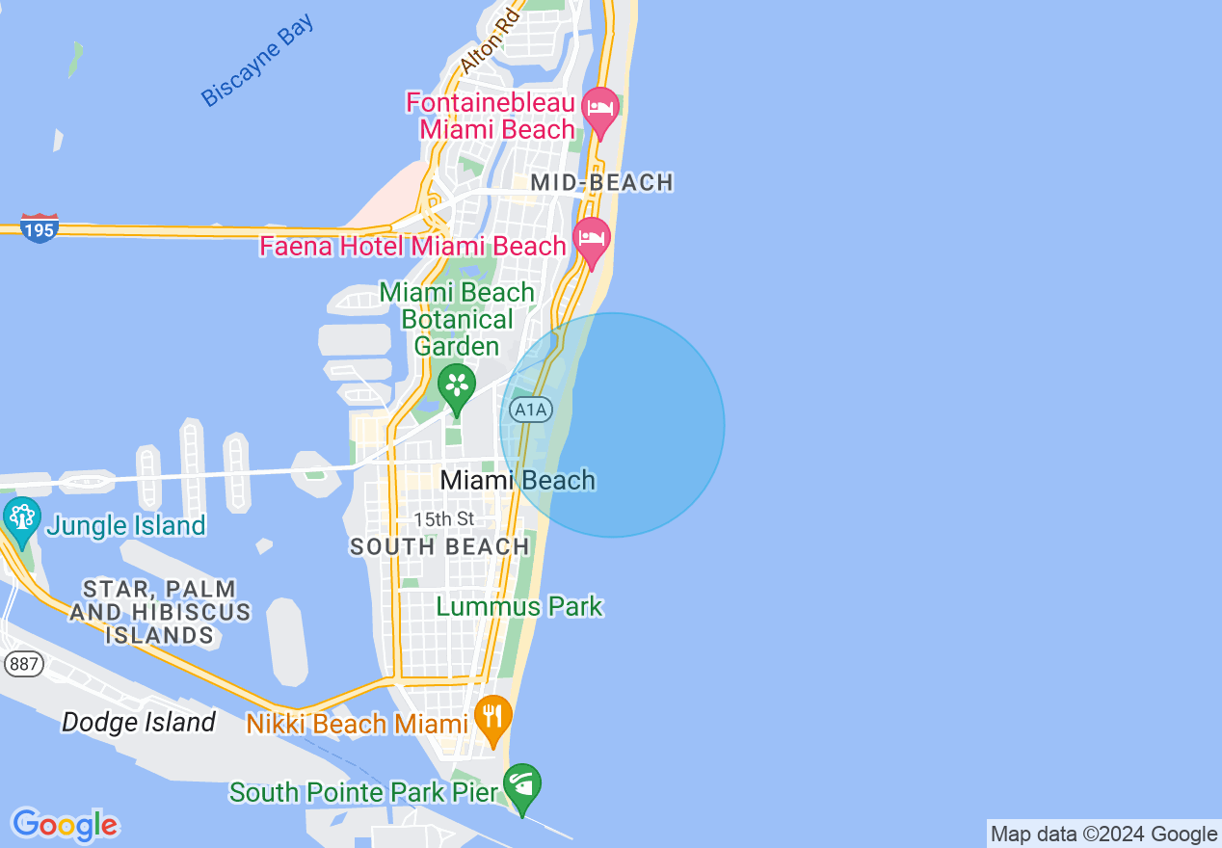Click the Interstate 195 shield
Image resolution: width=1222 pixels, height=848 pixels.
40,228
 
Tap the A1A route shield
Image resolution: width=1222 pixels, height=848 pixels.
530,411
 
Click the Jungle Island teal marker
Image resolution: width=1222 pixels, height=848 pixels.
21,520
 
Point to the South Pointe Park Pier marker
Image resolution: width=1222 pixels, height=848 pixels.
522,787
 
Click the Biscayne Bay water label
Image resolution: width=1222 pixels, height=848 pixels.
257,60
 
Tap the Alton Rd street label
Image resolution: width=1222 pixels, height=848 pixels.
490,40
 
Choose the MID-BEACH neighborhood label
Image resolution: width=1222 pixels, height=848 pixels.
601,182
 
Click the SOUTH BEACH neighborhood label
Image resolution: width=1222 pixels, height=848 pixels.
439,547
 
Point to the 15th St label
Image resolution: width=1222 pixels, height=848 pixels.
444,519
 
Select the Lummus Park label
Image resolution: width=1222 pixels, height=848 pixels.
519,607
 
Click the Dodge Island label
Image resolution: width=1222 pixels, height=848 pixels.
139,723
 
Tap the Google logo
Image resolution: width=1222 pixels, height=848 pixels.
65,825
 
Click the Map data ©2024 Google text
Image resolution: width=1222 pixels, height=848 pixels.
1103,835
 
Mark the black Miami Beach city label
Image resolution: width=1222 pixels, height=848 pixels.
518,480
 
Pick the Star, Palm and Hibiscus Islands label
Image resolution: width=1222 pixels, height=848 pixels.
159,611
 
